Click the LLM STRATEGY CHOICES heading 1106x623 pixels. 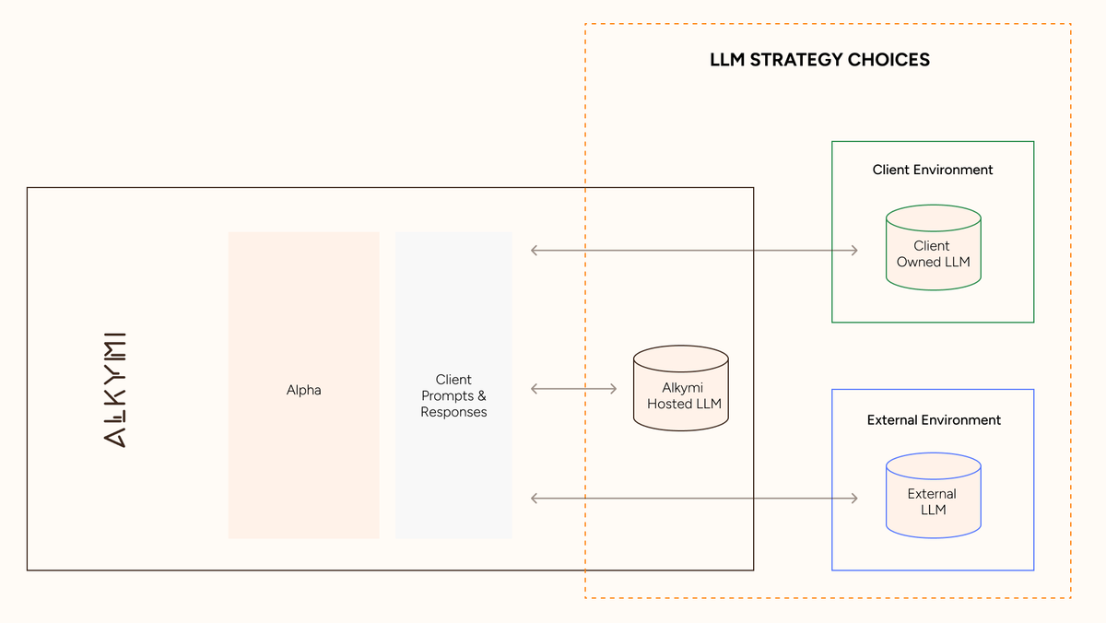click(819, 60)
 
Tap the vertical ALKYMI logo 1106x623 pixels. click(115, 389)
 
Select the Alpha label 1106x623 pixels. click(303, 390)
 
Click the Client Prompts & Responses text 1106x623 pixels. click(453, 395)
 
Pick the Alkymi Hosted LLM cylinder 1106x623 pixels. click(681, 389)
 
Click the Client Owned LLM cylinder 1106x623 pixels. click(933, 248)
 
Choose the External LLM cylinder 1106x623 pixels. click(933, 496)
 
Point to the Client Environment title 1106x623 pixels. click(933, 170)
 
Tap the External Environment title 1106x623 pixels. click(934, 419)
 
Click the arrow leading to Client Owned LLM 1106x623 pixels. click(694, 250)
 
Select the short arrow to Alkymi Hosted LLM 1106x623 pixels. click(573, 389)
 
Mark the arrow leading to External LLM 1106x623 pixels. click(694, 499)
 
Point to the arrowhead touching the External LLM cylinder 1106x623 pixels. click(853, 499)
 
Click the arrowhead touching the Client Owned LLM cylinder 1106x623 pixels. click(853, 250)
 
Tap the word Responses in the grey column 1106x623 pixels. click(453, 412)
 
